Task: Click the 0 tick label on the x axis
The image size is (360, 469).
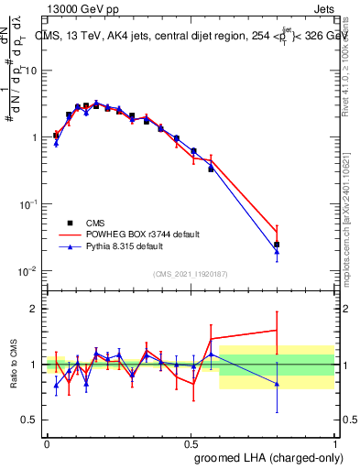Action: click(47, 442)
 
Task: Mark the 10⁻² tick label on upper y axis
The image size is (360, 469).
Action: click(27, 271)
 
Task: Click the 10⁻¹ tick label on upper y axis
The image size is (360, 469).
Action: click(27, 204)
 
